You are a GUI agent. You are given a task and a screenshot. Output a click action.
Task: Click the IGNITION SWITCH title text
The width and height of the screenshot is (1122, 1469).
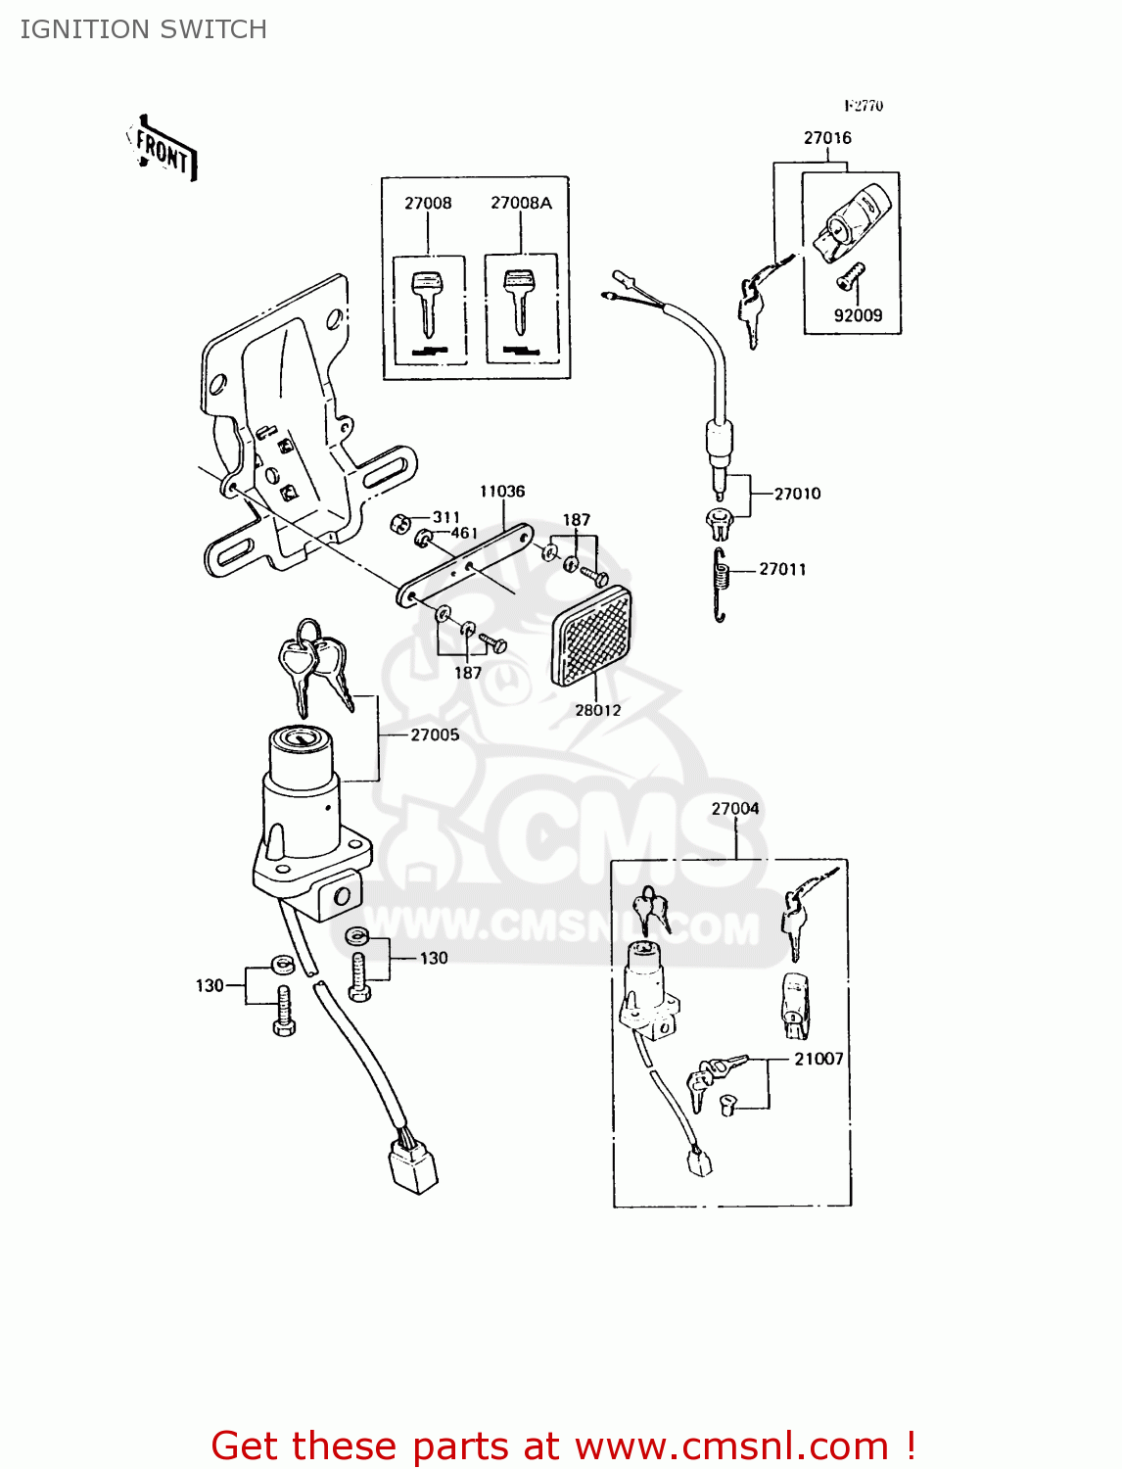[x=143, y=29]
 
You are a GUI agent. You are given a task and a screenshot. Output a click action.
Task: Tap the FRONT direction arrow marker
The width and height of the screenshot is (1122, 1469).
[x=163, y=151]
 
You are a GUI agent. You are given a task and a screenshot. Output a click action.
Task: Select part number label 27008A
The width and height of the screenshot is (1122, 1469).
[x=521, y=203]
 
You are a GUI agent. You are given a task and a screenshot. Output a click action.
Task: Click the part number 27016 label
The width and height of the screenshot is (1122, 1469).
[x=827, y=138]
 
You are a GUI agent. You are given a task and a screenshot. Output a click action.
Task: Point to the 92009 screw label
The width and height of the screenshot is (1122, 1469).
[x=858, y=315]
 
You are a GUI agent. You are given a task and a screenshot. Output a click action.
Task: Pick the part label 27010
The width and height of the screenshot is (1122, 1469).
[x=797, y=494]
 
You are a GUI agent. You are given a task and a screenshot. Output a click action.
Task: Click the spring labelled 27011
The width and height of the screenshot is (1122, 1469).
[x=722, y=584]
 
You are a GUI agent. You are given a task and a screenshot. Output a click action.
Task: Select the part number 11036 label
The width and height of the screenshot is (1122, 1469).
[x=502, y=492]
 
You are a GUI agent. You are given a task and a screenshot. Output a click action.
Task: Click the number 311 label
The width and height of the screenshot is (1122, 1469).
[x=445, y=517]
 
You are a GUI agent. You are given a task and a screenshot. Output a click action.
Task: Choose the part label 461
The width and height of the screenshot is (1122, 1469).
[x=463, y=534]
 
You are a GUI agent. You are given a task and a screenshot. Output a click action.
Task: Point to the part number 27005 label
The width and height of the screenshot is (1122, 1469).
[x=435, y=734]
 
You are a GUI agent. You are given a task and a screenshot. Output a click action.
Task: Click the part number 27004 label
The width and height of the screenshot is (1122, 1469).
[x=735, y=808]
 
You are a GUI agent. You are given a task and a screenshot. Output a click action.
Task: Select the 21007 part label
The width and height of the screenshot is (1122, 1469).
[x=818, y=1059]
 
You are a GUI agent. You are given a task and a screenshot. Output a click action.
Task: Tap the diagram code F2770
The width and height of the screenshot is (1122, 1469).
[x=864, y=106]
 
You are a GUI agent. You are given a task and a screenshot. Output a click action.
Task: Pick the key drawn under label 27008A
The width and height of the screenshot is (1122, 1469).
[x=520, y=299]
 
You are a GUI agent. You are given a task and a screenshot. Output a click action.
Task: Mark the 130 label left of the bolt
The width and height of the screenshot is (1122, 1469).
[x=210, y=985]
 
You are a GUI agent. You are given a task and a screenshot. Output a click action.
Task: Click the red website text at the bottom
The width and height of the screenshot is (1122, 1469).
[x=563, y=1445]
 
